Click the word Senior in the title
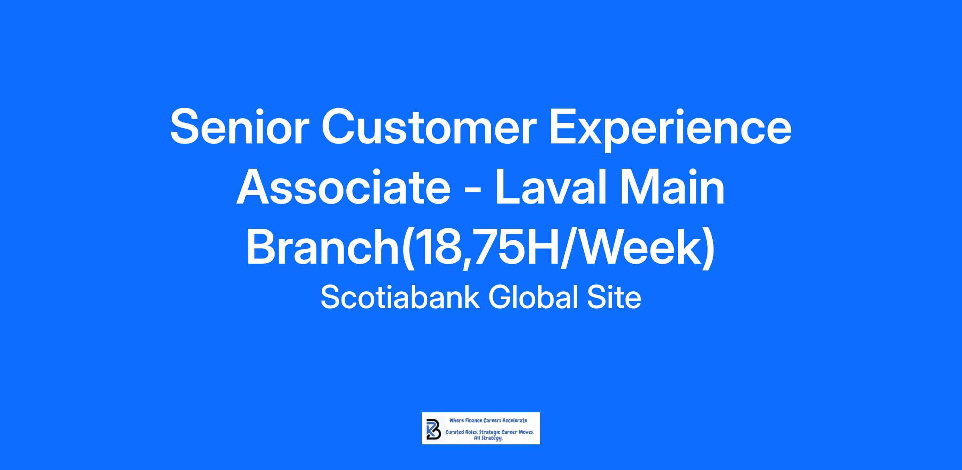pyautogui.click(x=239, y=127)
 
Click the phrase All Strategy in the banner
pyautogui.click(x=488, y=439)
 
